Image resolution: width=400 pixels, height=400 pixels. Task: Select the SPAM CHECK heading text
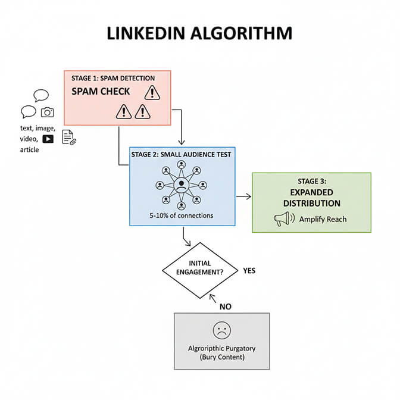point(101,92)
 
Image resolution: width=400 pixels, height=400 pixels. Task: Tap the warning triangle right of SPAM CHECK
point(152,92)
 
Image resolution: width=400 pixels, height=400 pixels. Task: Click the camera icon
point(47,112)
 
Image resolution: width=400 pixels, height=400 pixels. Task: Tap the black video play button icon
point(48,139)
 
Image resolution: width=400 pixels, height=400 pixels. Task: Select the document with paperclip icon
point(68,137)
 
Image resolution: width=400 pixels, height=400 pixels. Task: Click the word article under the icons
point(29,150)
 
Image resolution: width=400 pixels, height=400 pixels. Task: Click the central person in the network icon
point(182,185)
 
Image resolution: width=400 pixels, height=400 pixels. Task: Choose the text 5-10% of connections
point(182,215)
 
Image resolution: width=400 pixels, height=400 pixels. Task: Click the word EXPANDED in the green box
point(311,193)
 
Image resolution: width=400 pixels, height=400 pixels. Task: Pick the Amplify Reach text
point(323,219)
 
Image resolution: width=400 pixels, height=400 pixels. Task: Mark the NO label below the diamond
point(224,307)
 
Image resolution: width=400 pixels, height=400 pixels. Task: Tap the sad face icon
point(221,330)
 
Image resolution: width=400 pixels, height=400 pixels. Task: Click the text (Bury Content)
point(221,357)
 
